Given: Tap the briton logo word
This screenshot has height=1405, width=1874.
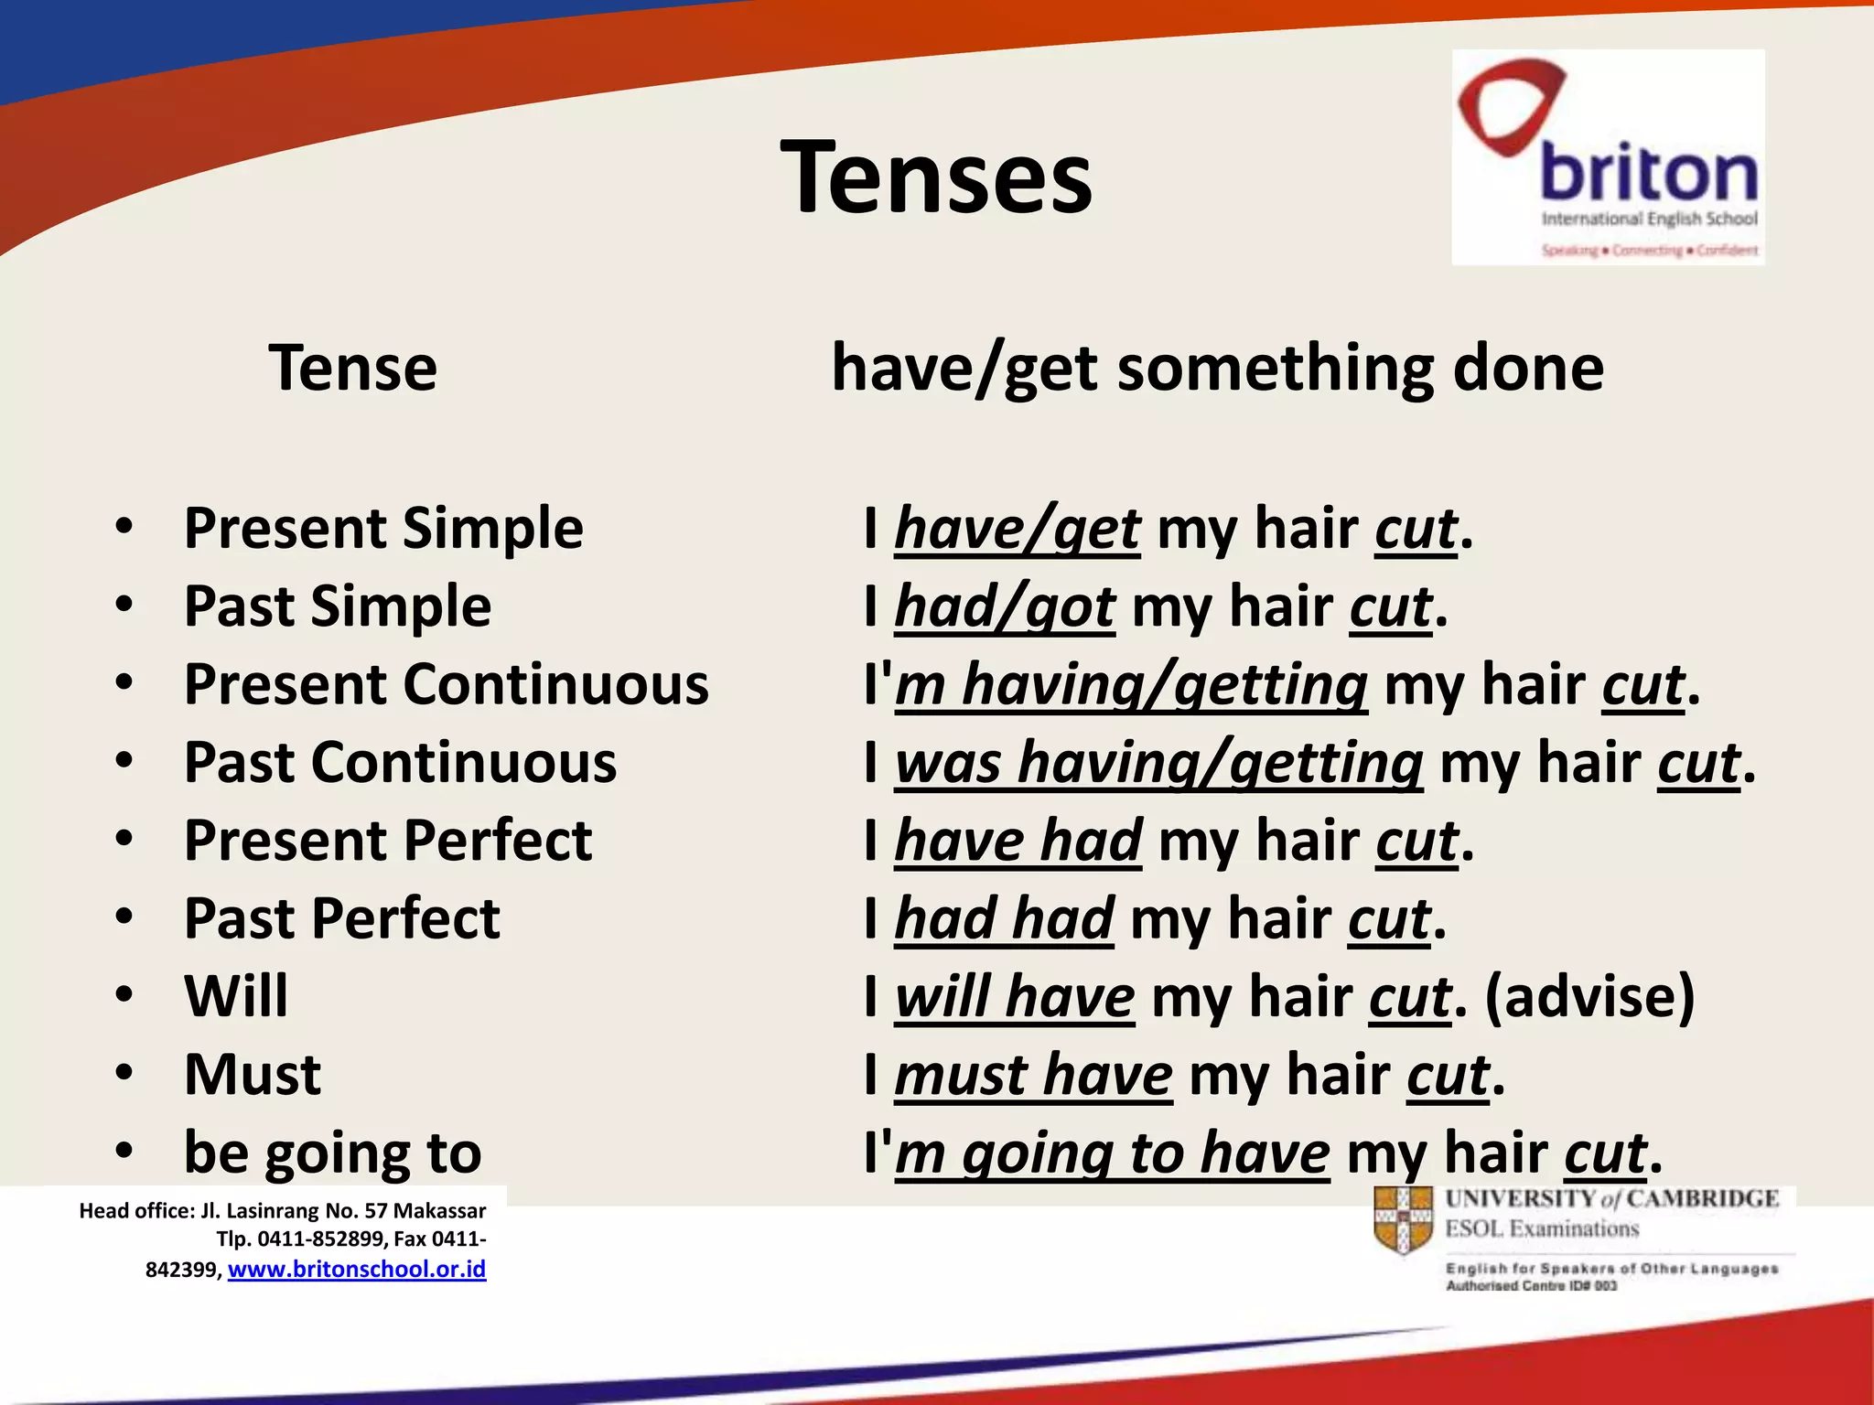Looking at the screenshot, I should [x=1648, y=174].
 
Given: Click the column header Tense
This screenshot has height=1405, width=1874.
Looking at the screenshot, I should [x=352, y=368].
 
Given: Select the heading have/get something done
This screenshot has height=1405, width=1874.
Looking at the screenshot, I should [x=1217, y=368].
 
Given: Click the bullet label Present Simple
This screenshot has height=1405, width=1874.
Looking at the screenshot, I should [x=383, y=528].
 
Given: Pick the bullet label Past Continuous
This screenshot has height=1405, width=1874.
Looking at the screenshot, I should [x=400, y=762].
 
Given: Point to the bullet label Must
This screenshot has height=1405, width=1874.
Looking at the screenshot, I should [x=253, y=1074].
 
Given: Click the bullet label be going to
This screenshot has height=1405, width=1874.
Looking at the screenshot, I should [x=332, y=1153].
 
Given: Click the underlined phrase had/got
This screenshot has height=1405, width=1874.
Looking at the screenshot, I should [x=1004, y=606].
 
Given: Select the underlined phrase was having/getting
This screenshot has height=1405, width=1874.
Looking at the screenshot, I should [x=1158, y=762].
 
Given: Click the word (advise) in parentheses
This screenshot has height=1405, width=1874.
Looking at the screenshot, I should [x=1589, y=996].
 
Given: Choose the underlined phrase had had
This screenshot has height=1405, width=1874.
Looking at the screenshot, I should [x=1004, y=918].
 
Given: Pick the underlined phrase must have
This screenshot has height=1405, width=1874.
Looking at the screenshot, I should [x=1033, y=1074].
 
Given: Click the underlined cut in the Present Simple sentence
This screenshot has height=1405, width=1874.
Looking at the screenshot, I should [x=1416, y=529].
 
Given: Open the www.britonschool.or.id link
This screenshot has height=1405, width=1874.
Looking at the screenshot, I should [x=357, y=1270].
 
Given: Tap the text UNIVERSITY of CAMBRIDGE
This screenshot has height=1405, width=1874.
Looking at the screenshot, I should [x=1611, y=1199].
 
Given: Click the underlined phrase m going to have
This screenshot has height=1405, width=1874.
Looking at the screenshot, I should [x=1112, y=1153].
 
